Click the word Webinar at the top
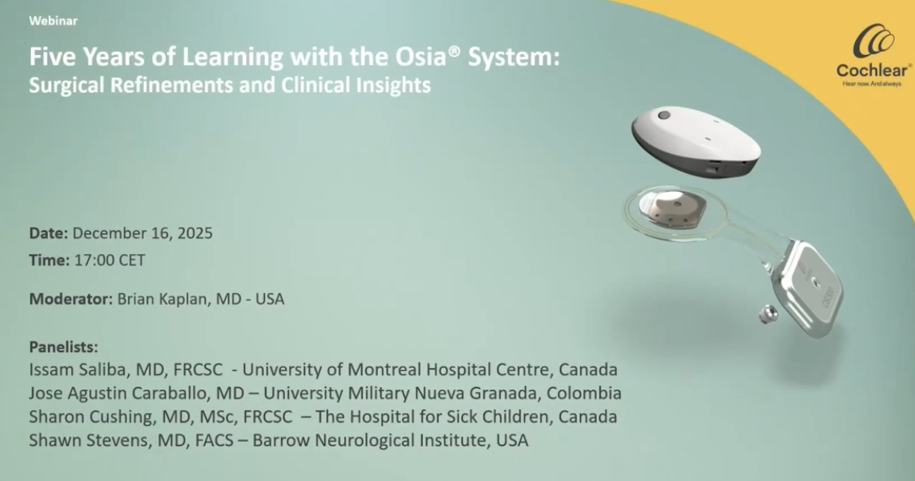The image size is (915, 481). pos(53,21)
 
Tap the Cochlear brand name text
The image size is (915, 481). pos(873,70)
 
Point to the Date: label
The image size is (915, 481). pos(49,233)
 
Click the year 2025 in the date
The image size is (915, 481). pos(195,233)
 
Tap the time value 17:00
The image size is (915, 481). pos(94,260)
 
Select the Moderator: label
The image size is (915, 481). pos(70,299)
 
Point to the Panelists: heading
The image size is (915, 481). pos(64,347)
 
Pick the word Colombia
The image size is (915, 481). pos(584,393)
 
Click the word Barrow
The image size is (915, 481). pos(283,440)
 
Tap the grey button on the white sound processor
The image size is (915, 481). pos(663,115)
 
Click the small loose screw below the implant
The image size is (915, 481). pos(768,315)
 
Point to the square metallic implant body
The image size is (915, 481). pos(809,288)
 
